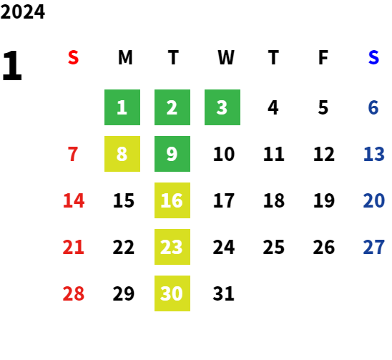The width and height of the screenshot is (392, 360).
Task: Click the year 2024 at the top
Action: (x=22, y=11)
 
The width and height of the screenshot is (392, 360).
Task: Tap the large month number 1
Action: (x=12, y=66)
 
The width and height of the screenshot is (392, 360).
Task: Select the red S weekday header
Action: (x=73, y=57)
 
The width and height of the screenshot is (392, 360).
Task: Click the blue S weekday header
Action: (x=373, y=57)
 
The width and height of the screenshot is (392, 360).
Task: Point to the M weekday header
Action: (x=125, y=57)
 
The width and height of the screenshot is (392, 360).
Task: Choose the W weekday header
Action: (x=226, y=57)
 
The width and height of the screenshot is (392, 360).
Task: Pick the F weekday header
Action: (x=323, y=57)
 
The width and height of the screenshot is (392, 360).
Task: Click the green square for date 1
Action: (x=122, y=107)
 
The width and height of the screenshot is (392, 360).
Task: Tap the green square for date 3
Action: (x=222, y=107)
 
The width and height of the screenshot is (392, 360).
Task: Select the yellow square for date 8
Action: (x=122, y=154)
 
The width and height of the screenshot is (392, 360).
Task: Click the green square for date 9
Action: (x=172, y=154)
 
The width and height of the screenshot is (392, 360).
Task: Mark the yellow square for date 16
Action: (x=172, y=200)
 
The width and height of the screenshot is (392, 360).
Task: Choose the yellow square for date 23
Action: (x=172, y=247)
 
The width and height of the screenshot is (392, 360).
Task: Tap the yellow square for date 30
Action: (x=172, y=293)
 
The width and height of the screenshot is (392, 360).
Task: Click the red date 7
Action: (x=73, y=154)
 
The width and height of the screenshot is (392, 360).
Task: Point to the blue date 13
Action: (x=373, y=154)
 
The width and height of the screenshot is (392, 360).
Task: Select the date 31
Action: (x=223, y=293)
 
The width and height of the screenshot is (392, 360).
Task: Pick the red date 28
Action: (x=73, y=293)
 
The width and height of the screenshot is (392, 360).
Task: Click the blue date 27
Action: (x=373, y=247)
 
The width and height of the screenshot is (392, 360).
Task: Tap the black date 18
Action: (x=274, y=200)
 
